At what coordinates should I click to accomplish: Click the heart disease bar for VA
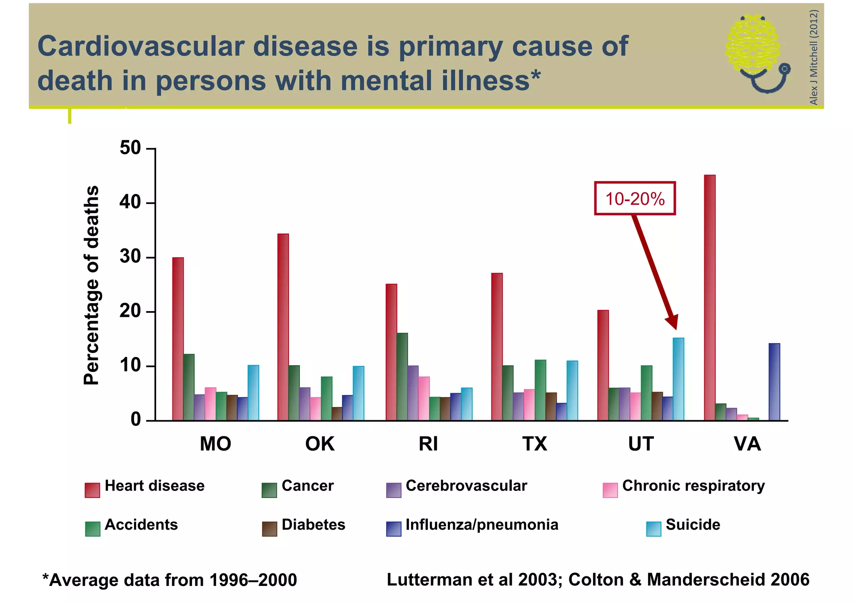tap(710, 298)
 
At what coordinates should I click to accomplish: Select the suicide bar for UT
tap(678, 379)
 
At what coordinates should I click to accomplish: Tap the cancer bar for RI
tap(402, 377)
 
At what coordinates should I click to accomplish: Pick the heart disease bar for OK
tap(283, 327)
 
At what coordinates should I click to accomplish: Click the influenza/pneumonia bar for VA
tap(774, 382)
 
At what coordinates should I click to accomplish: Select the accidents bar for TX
tap(540, 390)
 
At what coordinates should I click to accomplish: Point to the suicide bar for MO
tap(253, 393)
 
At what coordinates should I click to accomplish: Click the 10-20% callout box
tap(635, 198)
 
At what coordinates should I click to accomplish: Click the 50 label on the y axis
tap(130, 148)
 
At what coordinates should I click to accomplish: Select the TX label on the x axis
tap(534, 444)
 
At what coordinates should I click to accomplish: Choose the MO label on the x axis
tap(215, 444)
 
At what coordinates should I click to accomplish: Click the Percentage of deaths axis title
tap(92, 285)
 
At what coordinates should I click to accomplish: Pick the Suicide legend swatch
tap(653, 529)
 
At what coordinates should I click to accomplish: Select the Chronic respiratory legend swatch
tap(610, 490)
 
